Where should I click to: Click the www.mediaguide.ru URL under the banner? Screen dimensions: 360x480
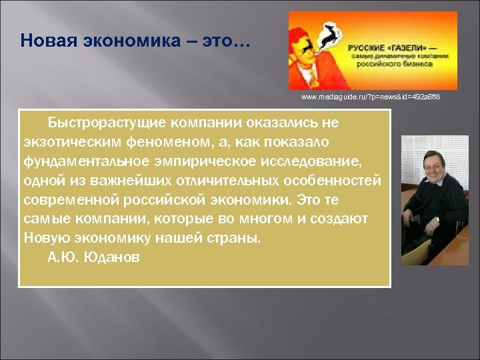pyautogui.click(x=371, y=97)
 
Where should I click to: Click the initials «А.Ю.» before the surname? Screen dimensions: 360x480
pyautogui.click(x=63, y=257)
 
